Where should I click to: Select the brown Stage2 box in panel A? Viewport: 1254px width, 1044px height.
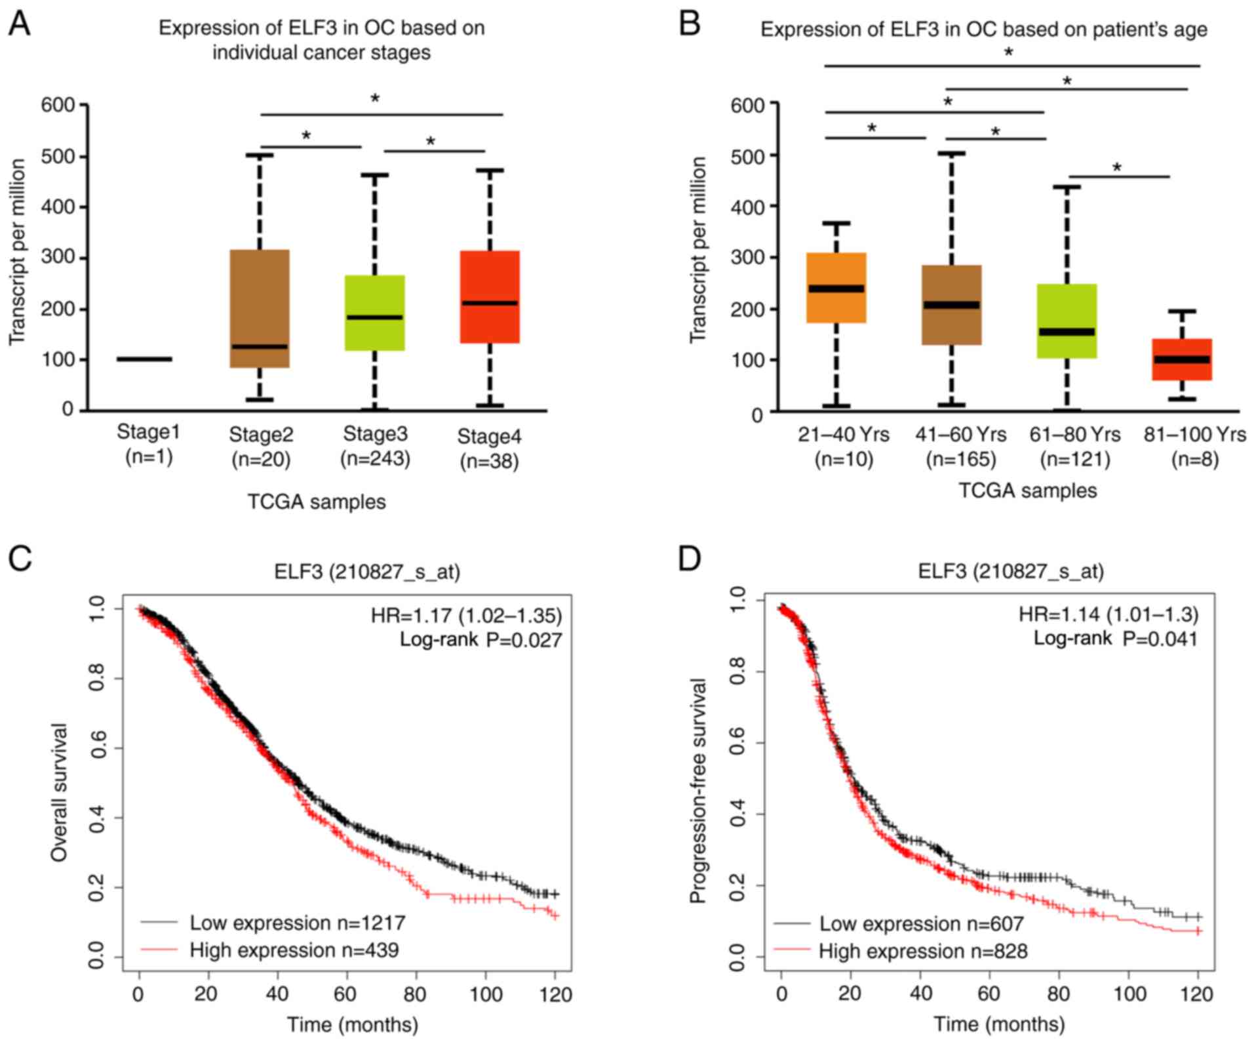[260, 308]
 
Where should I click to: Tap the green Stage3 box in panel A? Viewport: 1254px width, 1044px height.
[375, 313]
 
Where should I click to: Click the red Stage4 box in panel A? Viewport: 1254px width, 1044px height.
[490, 296]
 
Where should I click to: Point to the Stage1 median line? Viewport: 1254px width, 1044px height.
[144, 359]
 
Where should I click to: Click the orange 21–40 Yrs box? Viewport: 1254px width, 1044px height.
[836, 288]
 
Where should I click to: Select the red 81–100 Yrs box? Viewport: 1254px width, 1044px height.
[1182, 359]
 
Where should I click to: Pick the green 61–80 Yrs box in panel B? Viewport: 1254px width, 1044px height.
[1067, 321]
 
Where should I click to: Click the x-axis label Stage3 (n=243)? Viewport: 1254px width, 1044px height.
[375, 446]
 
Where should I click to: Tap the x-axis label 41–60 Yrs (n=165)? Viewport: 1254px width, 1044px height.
[961, 447]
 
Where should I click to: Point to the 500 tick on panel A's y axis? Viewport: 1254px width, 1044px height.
[58, 156]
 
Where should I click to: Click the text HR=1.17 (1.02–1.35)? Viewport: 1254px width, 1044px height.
[466, 616]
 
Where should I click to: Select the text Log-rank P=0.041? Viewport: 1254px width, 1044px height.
[1116, 639]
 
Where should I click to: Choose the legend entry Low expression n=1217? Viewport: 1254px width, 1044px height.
[297, 923]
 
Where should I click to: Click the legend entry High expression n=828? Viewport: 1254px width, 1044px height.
[923, 951]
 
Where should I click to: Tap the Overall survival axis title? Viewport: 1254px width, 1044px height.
[60, 792]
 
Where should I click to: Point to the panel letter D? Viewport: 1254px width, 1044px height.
[690, 559]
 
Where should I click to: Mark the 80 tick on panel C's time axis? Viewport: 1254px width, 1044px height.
[415, 994]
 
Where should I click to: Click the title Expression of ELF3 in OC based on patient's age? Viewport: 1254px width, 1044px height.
[983, 30]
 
